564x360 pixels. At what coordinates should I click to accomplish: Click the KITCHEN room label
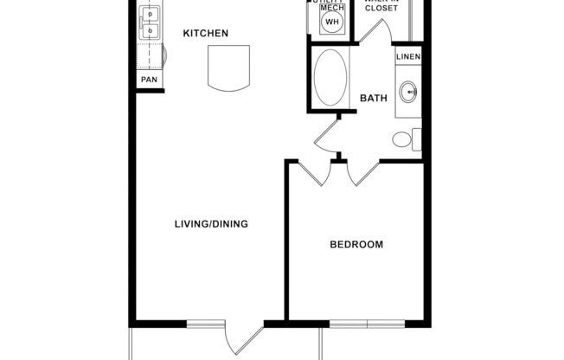[x=205, y=34]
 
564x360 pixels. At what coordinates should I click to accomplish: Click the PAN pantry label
[x=150, y=80]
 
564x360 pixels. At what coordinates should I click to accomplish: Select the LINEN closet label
[x=408, y=57]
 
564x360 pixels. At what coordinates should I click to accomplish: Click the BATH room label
[x=373, y=98]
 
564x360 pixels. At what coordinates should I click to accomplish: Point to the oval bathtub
[x=329, y=78]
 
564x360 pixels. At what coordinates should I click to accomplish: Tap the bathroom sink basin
[x=407, y=90]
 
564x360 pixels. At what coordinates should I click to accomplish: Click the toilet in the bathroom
[x=404, y=138]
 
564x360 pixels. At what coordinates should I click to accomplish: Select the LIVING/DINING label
[x=211, y=224]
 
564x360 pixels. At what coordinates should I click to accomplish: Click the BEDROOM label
[x=356, y=245]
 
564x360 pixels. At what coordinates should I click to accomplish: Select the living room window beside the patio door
[x=205, y=324]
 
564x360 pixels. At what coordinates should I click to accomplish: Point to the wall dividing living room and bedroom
[x=286, y=242]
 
